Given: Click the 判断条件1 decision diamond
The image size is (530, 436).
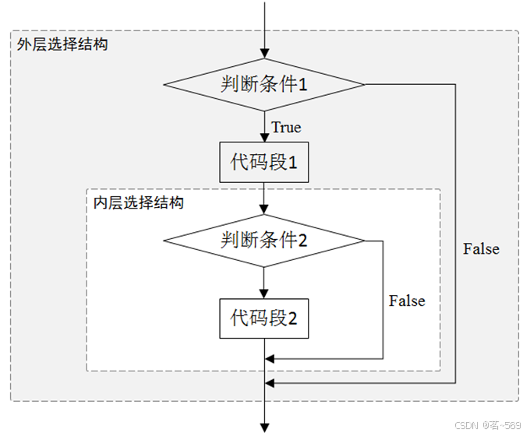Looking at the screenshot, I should click(x=264, y=84).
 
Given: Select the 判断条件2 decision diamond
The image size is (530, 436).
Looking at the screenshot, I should click(x=264, y=241).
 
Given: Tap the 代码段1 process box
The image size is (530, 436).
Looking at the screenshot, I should click(x=264, y=162).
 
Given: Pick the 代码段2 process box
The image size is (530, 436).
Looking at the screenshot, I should click(x=264, y=318).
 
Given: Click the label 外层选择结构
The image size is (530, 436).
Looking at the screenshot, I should click(x=62, y=44).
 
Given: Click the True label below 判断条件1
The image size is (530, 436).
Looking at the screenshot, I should click(x=286, y=127).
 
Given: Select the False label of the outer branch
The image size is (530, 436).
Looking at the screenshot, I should click(x=481, y=249).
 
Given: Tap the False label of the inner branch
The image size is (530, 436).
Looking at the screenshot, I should click(x=407, y=301).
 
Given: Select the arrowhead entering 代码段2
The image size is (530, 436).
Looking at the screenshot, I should click(x=265, y=294).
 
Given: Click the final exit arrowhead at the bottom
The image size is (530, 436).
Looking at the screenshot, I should click(x=265, y=427).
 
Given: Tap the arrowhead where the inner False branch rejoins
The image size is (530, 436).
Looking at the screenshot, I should click(x=270, y=359).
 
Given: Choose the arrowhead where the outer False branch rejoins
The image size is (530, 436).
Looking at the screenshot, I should click(x=270, y=383).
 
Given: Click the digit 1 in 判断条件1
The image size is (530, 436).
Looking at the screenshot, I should click(x=304, y=84).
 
